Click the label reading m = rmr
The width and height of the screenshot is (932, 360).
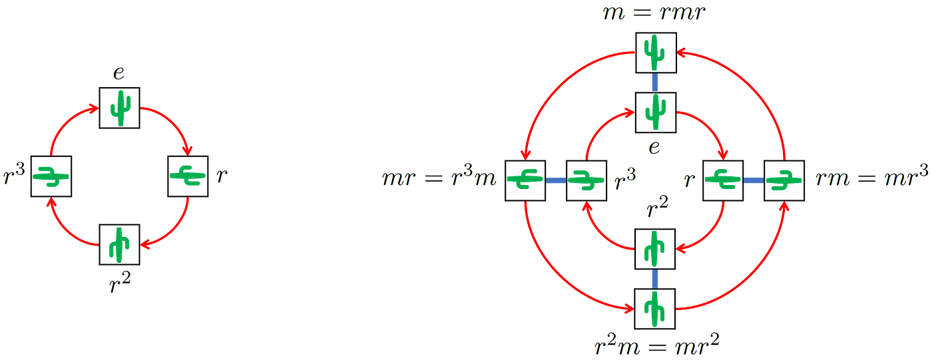[x=654, y=13]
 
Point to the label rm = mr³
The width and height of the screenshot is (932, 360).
[x=871, y=177]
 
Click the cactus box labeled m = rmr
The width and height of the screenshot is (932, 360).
[x=656, y=53]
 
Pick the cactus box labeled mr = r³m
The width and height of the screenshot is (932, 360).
[x=525, y=180]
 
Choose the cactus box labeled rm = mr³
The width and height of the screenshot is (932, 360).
[x=784, y=180]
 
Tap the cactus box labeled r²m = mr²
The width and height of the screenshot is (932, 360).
[x=655, y=309]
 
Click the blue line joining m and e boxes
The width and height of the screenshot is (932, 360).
[x=655, y=83]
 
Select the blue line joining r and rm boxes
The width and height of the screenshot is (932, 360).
[x=754, y=180]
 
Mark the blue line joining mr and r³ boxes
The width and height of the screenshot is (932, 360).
[x=556, y=180]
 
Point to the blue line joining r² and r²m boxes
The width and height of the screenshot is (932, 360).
[x=655, y=279]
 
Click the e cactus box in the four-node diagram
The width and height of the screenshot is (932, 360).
[x=119, y=108]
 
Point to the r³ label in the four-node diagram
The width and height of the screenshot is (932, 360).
[x=14, y=174]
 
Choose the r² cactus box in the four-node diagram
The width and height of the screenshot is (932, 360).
[x=119, y=244]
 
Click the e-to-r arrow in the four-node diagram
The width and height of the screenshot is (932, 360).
[x=174, y=122]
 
